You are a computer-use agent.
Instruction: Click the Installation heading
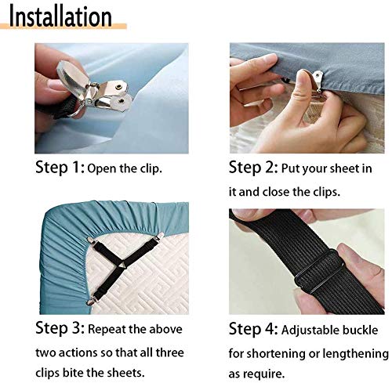(60, 16)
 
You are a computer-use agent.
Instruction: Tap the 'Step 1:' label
(60, 167)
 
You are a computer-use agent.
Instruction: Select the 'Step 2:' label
(253, 167)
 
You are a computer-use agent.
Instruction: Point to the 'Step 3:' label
(60, 327)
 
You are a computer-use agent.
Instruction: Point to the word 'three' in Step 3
(169, 352)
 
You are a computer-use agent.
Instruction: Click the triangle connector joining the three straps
(122, 266)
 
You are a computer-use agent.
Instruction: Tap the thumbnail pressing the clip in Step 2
(303, 76)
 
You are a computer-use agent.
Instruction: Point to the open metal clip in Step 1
(93, 88)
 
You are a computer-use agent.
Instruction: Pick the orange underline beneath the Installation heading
(64, 26)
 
